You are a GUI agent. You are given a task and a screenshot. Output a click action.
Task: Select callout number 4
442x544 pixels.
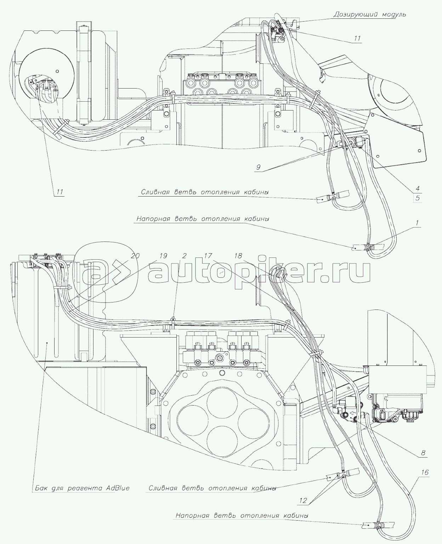click(x=418, y=188)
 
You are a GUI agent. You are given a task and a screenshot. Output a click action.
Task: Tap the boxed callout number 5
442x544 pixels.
click(x=418, y=198)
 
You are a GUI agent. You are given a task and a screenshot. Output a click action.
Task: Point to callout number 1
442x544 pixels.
click(x=417, y=223)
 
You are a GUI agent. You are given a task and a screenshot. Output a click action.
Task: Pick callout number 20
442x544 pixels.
click(x=135, y=256)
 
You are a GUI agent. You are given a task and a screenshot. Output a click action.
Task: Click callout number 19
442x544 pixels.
click(x=163, y=256)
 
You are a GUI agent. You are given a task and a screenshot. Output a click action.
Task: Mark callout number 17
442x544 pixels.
click(x=208, y=256)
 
